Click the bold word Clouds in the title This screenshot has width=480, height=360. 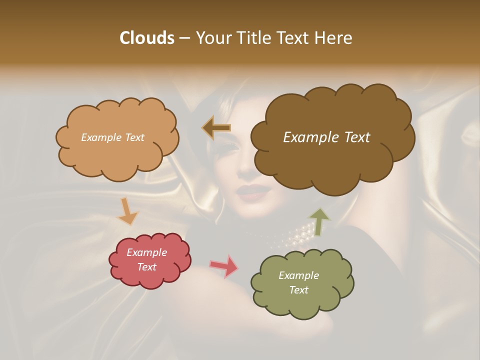(146, 38)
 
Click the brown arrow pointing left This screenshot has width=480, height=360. (216, 128)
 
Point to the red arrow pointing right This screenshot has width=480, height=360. (224, 266)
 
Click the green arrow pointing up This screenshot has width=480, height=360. (319, 221)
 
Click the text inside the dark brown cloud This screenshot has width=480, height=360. (326, 137)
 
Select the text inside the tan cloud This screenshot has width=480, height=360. (112, 137)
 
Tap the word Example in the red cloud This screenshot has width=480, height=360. (146, 252)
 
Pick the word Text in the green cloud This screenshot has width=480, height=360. (298, 290)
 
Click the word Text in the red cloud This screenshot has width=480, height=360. (146, 267)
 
